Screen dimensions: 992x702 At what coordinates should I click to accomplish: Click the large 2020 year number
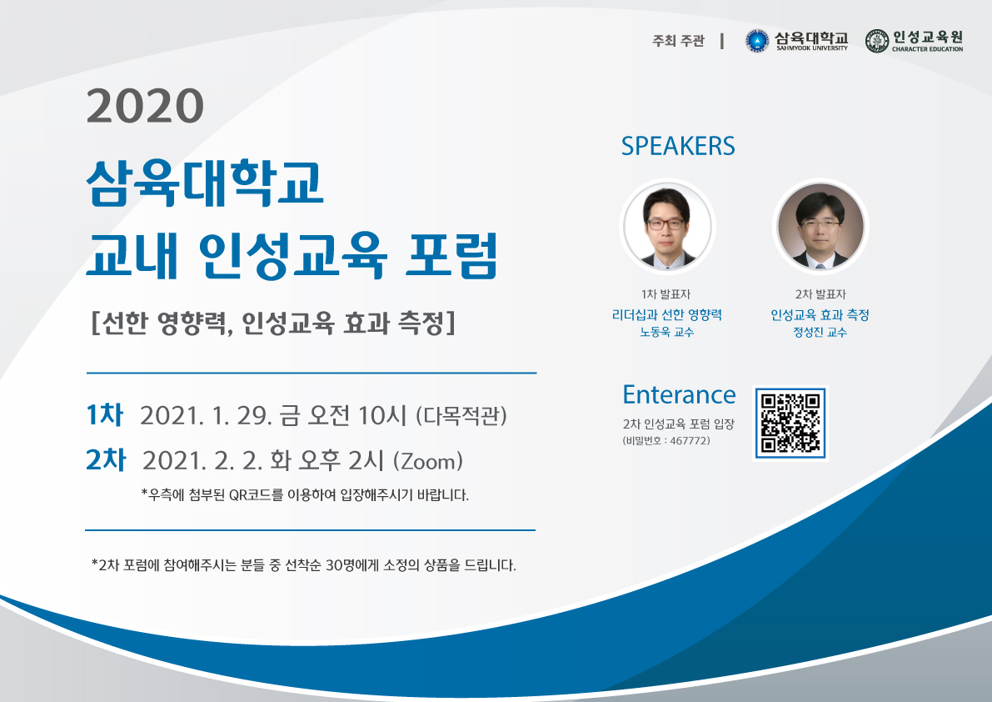click(145, 106)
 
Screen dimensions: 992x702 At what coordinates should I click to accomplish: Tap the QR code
click(790, 423)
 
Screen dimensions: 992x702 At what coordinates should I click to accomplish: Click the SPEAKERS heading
click(677, 146)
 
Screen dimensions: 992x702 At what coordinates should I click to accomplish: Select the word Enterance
click(679, 394)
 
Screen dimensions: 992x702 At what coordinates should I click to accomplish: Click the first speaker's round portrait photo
click(667, 227)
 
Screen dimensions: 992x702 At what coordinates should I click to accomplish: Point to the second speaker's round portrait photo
click(820, 227)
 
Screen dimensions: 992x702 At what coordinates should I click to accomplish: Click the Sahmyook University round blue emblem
click(756, 41)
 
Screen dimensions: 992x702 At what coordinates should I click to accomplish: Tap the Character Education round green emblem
click(877, 41)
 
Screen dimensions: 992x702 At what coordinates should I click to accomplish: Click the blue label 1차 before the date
click(104, 415)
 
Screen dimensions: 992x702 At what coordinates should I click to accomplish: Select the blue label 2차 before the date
click(106, 460)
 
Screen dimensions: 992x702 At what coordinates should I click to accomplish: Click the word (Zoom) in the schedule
click(427, 461)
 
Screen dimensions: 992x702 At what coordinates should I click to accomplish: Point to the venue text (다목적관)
click(461, 416)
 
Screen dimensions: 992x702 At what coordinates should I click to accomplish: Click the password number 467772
click(690, 440)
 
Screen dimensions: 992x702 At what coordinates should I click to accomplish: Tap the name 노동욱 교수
click(667, 332)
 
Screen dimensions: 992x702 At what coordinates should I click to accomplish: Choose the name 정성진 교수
click(820, 332)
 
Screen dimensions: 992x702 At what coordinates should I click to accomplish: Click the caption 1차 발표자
click(666, 294)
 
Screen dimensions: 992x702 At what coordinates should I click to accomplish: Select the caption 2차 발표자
click(820, 294)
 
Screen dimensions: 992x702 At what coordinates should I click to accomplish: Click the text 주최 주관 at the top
click(678, 41)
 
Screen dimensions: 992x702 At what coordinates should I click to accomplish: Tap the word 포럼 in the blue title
click(451, 255)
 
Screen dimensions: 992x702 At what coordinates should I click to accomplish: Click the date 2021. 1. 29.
click(206, 416)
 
